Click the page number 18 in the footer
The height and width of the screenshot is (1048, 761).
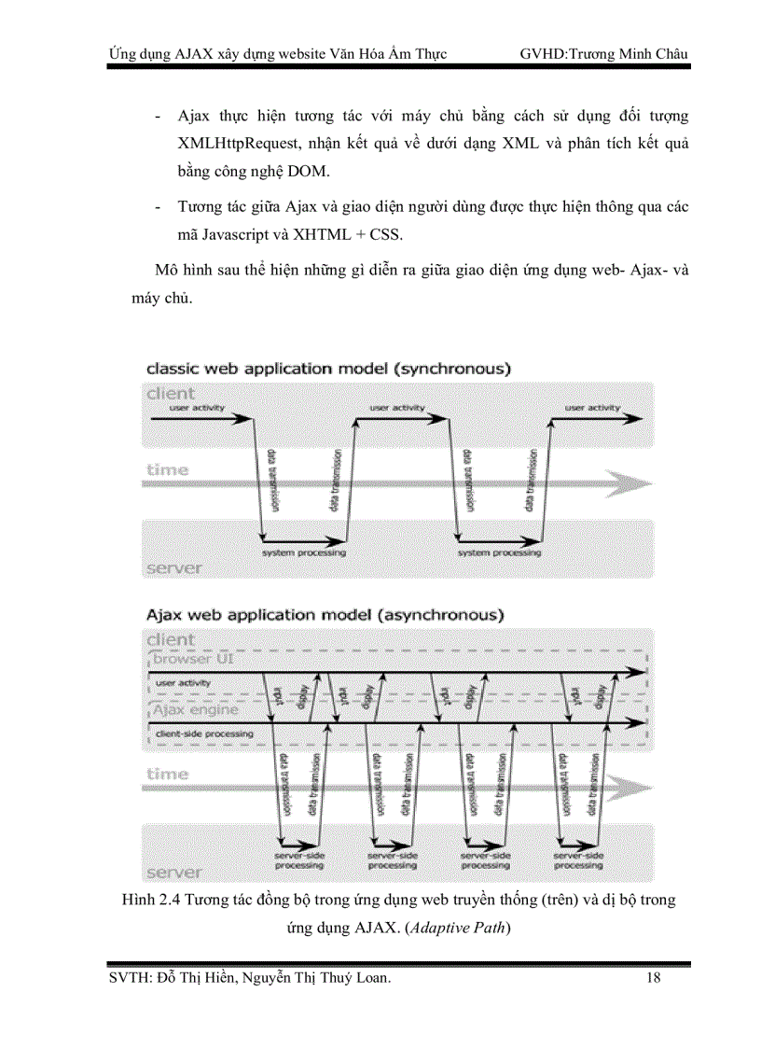pos(653,977)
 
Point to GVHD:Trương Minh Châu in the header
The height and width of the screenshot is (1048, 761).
pos(604,53)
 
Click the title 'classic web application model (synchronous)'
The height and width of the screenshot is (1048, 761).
pos(328,369)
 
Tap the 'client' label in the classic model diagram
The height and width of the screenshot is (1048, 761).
pos(171,393)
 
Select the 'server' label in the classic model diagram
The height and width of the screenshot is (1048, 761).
pos(174,567)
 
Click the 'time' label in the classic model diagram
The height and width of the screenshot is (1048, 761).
pos(167,470)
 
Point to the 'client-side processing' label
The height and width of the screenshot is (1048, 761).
pos(203,734)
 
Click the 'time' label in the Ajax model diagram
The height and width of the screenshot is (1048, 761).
pos(167,774)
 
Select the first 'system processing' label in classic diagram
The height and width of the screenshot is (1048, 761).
pos(304,552)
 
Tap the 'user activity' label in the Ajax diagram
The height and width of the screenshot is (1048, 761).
pos(183,683)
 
